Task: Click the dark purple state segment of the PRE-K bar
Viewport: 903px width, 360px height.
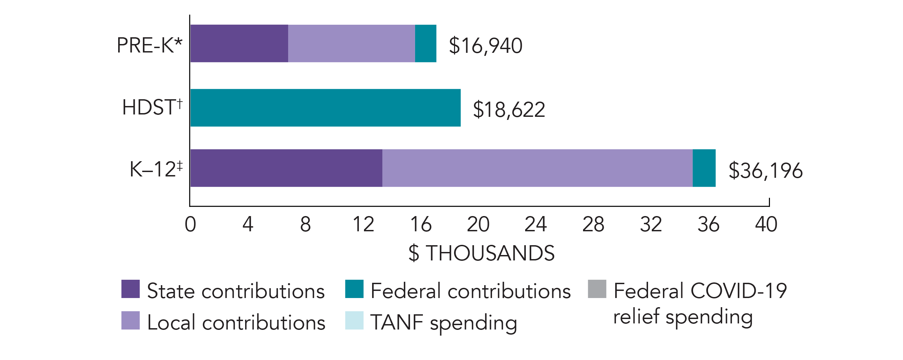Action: [239, 43]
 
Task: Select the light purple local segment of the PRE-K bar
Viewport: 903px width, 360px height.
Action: [351, 43]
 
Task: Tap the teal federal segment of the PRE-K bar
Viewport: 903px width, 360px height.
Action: [426, 43]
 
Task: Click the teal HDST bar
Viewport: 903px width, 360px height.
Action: [325, 108]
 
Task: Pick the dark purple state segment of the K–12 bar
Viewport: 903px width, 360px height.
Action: [286, 168]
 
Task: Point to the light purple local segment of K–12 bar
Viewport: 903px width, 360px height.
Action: [537, 168]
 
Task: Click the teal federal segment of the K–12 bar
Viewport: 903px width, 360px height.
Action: [704, 168]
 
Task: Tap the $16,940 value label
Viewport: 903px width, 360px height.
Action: [486, 46]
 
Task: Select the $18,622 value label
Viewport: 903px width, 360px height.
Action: [509, 109]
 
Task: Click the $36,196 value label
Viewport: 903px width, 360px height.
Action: [766, 171]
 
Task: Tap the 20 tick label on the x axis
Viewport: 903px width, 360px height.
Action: [478, 224]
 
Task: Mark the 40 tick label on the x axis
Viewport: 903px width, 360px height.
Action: [766, 224]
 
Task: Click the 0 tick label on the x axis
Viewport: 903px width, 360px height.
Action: [190, 224]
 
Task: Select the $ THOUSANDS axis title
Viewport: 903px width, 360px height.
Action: [481, 253]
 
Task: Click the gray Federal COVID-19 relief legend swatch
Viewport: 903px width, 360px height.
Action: [597, 289]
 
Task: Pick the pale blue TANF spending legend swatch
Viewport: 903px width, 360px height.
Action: [354, 320]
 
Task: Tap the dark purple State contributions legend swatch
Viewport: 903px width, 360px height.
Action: [130, 289]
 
